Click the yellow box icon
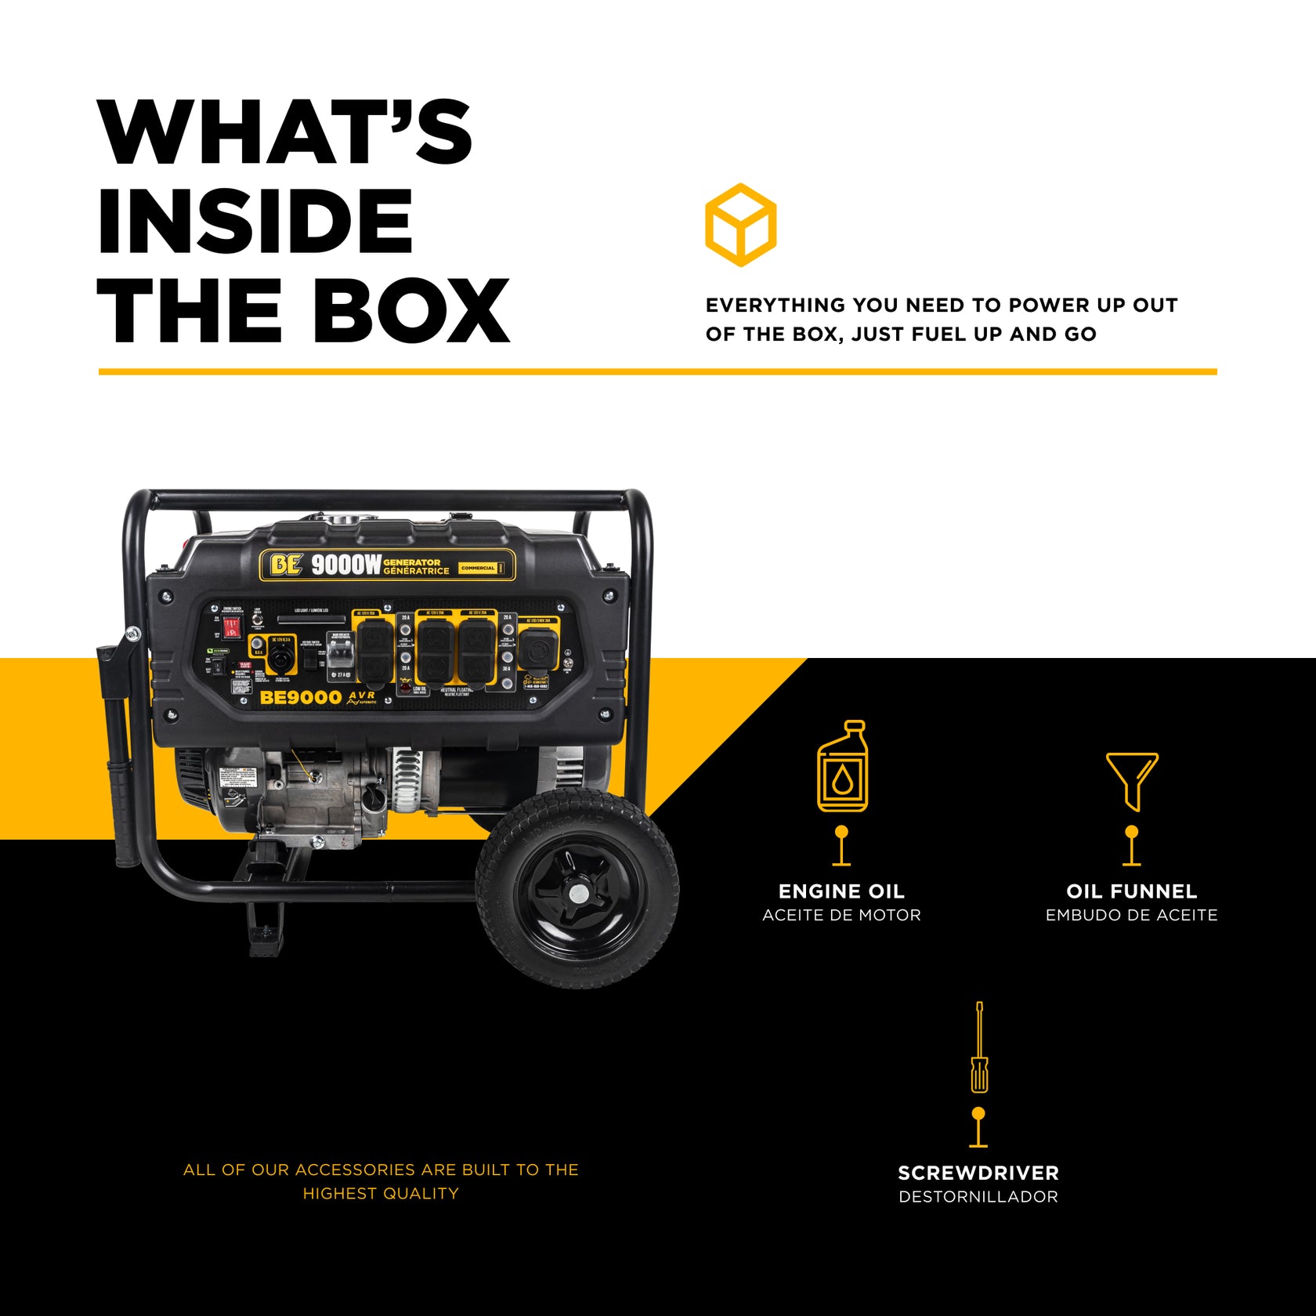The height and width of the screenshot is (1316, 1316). pyautogui.click(x=740, y=225)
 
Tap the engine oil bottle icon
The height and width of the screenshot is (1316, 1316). pyautogui.click(x=842, y=767)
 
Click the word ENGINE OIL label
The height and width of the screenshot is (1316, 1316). pyautogui.click(x=841, y=891)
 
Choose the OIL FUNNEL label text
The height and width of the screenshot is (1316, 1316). pyautogui.click(x=1131, y=891)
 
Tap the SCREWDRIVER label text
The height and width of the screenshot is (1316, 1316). pyautogui.click(x=978, y=1173)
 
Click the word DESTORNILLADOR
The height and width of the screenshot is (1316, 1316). pyautogui.click(x=978, y=1197)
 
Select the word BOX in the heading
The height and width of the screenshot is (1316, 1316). pyautogui.click(x=410, y=311)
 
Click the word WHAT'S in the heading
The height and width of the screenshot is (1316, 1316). pyautogui.click(x=285, y=132)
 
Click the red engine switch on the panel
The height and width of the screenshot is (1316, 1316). pyautogui.click(x=231, y=627)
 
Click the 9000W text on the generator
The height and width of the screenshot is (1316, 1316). pyautogui.click(x=346, y=565)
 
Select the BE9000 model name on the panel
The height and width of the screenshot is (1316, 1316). pyautogui.click(x=300, y=697)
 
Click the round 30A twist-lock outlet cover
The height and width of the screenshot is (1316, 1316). pyautogui.click(x=538, y=650)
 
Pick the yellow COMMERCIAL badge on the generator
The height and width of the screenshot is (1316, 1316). pyautogui.click(x=478, y=568)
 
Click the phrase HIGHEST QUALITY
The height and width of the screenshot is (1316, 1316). pyautogui.click(x=381, y=1194)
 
